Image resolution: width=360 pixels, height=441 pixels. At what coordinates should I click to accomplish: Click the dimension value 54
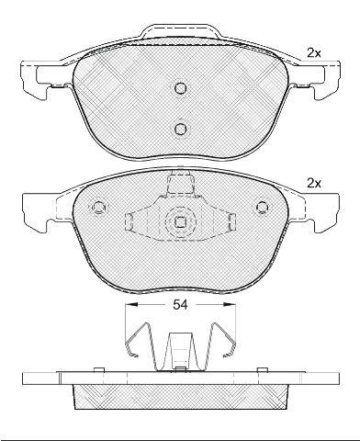[x=180, y=305]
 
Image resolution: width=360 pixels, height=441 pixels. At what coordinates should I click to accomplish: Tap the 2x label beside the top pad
[x=314, y=53]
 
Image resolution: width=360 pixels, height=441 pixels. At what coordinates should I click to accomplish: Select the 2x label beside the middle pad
[x=314, y=184]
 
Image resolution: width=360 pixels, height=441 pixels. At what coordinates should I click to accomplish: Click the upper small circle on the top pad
[x=180, y=88]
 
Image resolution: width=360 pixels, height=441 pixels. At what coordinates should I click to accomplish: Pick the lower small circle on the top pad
[x=180, y=129]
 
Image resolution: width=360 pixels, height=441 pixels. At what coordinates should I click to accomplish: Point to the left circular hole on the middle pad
[x=99, y=208]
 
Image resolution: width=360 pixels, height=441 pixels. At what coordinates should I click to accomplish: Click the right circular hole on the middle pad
[x=262, y=208]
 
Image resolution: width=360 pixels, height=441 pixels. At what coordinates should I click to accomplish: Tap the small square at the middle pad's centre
[x=180, y=222]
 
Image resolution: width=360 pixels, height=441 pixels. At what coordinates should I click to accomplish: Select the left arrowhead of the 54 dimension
[x=132, y=304]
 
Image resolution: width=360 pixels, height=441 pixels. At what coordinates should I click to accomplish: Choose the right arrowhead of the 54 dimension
[x=230, y=304]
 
